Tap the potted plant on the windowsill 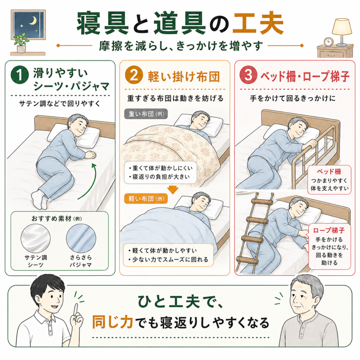coord(21,43)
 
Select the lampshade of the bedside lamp coord(342,27)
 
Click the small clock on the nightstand coord(328,42)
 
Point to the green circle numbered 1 coord(20,75)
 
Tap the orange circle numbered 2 coord(134,75)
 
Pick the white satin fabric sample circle coord(36,238)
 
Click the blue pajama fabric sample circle coord(81,238)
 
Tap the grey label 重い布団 coord(146,114)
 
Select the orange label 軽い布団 coord(146,199)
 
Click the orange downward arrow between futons coord(173,189)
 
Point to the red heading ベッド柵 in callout coord(329,172)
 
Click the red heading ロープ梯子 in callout coord(329,230)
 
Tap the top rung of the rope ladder coord(262,202)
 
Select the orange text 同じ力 coord(113,322)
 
